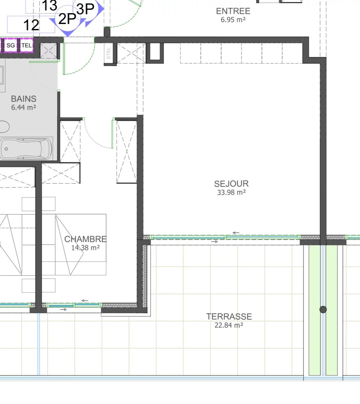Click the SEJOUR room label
click(231, 184)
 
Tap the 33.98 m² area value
click(231, 193)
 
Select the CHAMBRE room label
click(85, 239)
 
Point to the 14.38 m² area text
click(85, 248)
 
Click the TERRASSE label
click(229, 317)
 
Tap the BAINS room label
click(24, 99)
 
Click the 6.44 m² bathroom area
click(23, 107)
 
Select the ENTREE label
click(233, 11)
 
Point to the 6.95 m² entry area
click(233, 20)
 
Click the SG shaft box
click(10, 45)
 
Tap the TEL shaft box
click(27, 45)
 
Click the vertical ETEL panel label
click(108, 53)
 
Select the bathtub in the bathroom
click(26, 149)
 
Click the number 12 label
click(31, 25)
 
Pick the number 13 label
click(49, 6)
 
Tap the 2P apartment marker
click(67, 19)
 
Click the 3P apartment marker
click(85, 9)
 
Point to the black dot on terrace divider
click(323, 309)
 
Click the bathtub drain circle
click(6, 149)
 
